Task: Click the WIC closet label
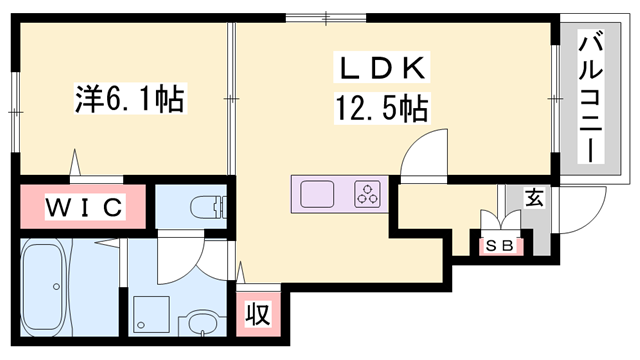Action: coord(85,207)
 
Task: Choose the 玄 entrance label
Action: coord(535,198)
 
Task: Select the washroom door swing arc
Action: coord(180,256)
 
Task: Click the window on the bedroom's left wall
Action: coord(14,99)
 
